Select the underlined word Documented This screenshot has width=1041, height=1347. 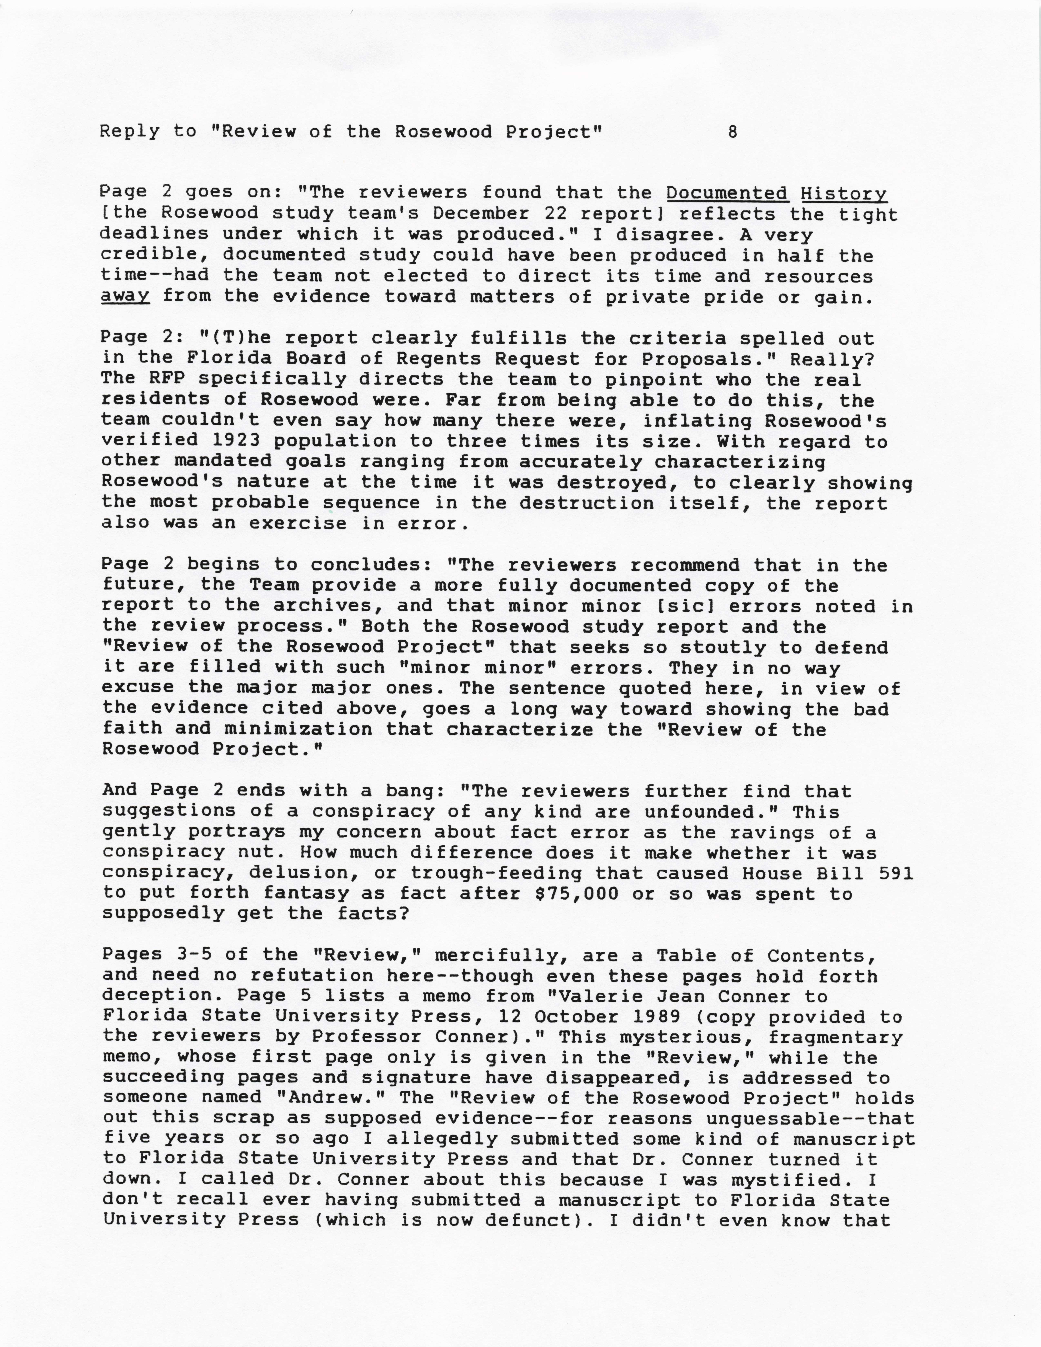[x=726, y=193]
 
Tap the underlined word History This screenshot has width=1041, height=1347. [x=844, y=193]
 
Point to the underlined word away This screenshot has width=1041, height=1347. [x=125, y=297]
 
